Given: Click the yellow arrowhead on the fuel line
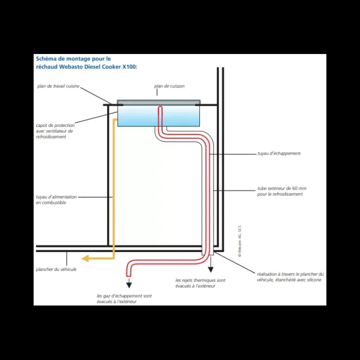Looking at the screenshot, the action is pyautogui.click(x=85, y=258).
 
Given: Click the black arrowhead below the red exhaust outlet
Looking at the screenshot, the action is pyautogui.click(x=129, y=285).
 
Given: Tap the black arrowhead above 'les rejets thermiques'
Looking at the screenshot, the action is pyautogui.click(x=211, y=270).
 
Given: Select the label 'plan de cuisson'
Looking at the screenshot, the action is pyautogui.click(x=169, y=86).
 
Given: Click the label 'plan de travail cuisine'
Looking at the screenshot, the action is pyautogui.click(x=58, y=86).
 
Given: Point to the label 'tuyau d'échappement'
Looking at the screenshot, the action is pyautogui.click(x=279, y=153).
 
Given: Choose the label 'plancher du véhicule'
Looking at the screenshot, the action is pyautogui.click(x=56, y=270).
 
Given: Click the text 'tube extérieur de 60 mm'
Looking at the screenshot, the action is pyautogui.click(x=282, y=188).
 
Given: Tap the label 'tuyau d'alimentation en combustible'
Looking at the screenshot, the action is pyautogui.click(x=56, y=200).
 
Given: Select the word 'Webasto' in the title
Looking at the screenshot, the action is pyautogui.click(x=71, y=67).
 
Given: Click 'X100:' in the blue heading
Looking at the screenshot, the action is pyautogui.click(x=130, y=67).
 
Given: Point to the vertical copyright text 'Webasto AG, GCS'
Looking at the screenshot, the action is pyautogui.click(x=240, y=241).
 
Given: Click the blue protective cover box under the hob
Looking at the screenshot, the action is pyautogui.click(x=159, y=116).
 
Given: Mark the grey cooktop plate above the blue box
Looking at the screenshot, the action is pyautogui.click(x=159, y=102).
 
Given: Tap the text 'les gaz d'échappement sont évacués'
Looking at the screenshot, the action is pyautogui.click(x=124, y=299).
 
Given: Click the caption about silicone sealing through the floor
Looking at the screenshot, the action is pyautogui.click(x=290, y=277).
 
